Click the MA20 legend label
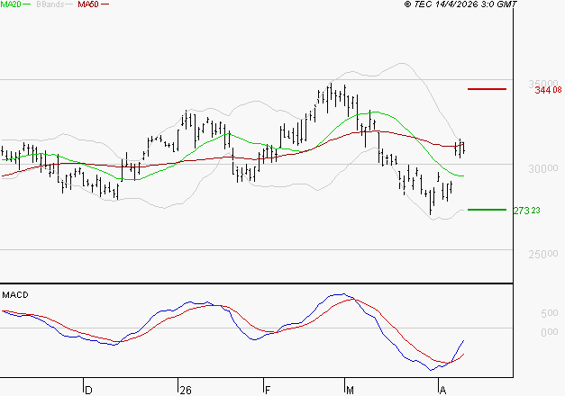point(12,4)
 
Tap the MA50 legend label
point(88,4)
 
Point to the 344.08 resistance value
point(548,90)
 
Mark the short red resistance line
point(488,89)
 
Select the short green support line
point(488,210)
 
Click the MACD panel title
point(15,294)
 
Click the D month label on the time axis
point(88,390)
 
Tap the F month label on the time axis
point(268,390)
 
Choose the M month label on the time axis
point(351,390)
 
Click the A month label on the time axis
point(442,390)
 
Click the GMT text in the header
point(507,5)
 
